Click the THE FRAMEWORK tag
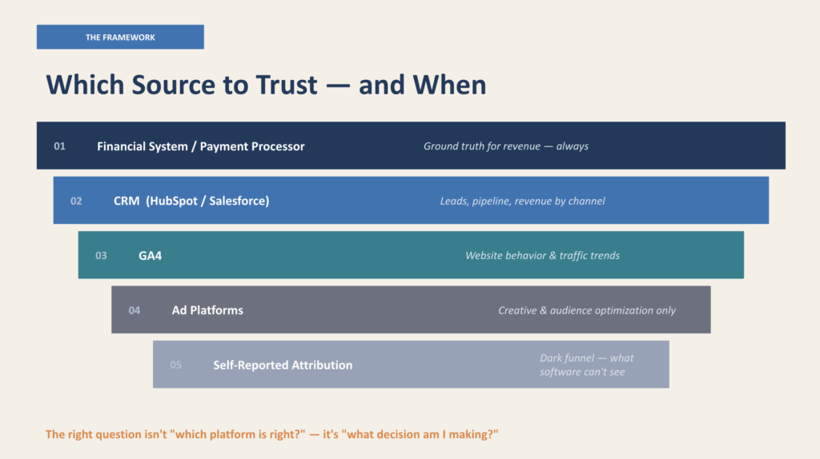tap(120, 37)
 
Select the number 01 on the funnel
tap(59, 146)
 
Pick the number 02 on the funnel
tap(76, 201)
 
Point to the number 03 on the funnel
tap(101, 256)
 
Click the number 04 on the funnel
tap(135, 310)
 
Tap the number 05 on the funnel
tap(175, 365)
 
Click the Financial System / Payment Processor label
tap(200, 146)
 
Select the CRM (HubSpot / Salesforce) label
tap(191, 201)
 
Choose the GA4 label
tap(150, 256)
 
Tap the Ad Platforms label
tap(207, 310)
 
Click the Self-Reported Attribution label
tap(283, 365)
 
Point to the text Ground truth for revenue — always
tap(506, 146)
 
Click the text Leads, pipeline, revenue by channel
tap(522, 201)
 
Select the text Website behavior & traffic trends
tap(542, 256)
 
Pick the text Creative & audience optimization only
tap(587, 310)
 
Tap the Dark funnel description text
tap(586, 365)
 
